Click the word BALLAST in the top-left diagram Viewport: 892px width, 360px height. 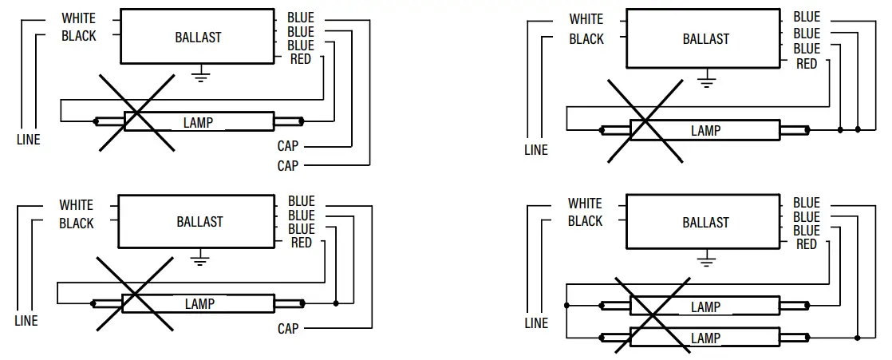(198, 38)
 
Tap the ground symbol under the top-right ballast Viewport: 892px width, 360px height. (705, 78)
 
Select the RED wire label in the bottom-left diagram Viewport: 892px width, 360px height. (301, 243)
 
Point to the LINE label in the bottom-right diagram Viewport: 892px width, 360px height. (536, 323)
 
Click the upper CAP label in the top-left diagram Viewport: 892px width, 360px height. (287, 146)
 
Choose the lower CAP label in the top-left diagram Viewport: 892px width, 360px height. (287, 166)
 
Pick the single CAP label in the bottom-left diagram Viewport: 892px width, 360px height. (287, 328)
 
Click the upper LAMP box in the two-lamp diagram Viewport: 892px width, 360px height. (705, 307)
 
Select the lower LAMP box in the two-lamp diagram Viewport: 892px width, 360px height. (705, 338)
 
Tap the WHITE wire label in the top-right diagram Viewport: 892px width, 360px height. (586, 19)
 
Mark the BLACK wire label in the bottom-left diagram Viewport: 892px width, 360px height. (77, 224)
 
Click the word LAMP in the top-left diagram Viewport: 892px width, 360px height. (198, 122)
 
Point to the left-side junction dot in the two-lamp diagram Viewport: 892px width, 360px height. (566, 306)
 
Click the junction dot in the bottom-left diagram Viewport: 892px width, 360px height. (337, 303)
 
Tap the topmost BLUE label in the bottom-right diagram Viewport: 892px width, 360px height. (806, 203)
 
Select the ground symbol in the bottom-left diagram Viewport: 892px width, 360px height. (201, 258)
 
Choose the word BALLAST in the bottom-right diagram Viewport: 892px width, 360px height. (705, 223)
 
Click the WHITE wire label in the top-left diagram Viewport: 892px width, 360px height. (78, 18)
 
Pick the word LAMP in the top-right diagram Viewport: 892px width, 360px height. (705, 130)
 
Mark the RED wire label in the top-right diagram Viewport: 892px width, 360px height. (807, 63)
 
